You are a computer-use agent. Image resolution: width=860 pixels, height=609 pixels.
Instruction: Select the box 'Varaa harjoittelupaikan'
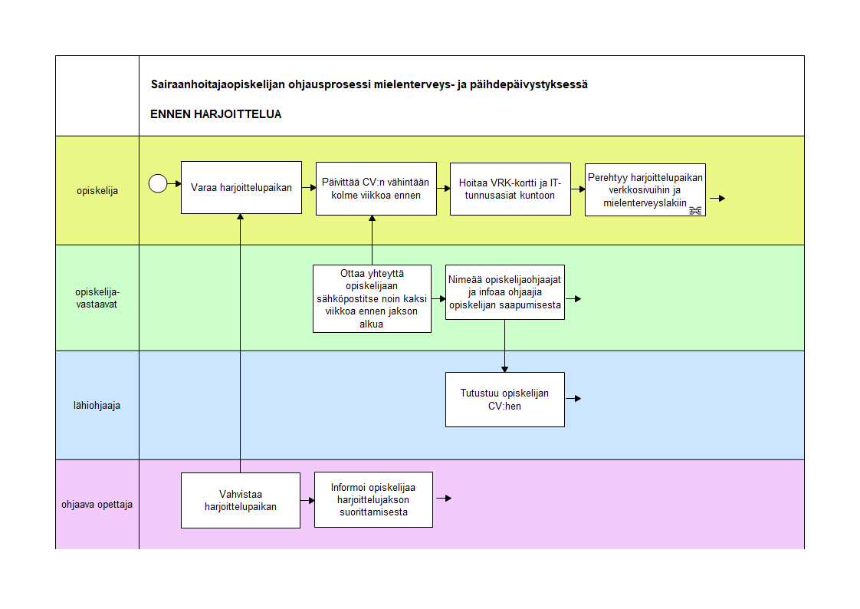click(241, 188)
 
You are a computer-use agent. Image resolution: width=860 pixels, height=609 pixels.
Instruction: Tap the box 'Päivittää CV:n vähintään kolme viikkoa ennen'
click(376, 189)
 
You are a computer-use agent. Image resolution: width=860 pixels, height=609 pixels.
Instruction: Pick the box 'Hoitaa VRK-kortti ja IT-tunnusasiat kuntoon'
click(510, 189)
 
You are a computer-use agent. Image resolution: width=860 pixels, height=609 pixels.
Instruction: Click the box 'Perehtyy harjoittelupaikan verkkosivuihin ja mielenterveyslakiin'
click(645, 189)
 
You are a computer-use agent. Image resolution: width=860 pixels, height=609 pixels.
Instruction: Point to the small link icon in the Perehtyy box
click(695, 210)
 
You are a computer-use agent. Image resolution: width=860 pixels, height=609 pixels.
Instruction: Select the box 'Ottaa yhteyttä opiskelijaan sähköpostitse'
click(372, 299)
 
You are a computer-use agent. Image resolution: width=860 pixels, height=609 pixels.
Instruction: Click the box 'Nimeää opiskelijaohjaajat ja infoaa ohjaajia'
click(504, 292)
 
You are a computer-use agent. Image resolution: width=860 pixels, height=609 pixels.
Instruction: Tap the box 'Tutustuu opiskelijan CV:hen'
click(504, 400)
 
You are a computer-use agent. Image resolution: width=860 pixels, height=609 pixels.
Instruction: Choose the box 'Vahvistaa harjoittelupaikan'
click(240, 500)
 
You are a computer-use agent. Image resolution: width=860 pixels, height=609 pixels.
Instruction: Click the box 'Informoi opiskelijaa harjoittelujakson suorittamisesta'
click(373, 500)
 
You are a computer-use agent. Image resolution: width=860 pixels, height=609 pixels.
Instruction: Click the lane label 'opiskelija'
click(97, 191)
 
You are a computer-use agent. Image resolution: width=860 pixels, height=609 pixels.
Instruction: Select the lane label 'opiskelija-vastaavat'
click(97, 298)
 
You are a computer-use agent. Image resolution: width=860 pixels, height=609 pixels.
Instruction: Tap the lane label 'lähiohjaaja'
click(97, 406)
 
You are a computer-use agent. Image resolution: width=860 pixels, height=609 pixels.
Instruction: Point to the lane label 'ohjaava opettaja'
click(97, 504)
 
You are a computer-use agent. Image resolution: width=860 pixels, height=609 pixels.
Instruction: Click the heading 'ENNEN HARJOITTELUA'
click(215, 114)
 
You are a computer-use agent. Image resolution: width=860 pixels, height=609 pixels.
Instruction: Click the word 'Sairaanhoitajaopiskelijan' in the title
click(218, 84)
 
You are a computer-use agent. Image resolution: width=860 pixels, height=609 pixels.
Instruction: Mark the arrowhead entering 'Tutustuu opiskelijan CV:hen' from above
click(504, 369)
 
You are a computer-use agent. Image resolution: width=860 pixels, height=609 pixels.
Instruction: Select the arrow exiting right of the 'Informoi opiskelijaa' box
click(444, 499)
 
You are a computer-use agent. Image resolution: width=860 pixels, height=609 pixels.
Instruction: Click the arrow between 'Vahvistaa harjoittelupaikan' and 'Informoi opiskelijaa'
click(307, 500)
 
